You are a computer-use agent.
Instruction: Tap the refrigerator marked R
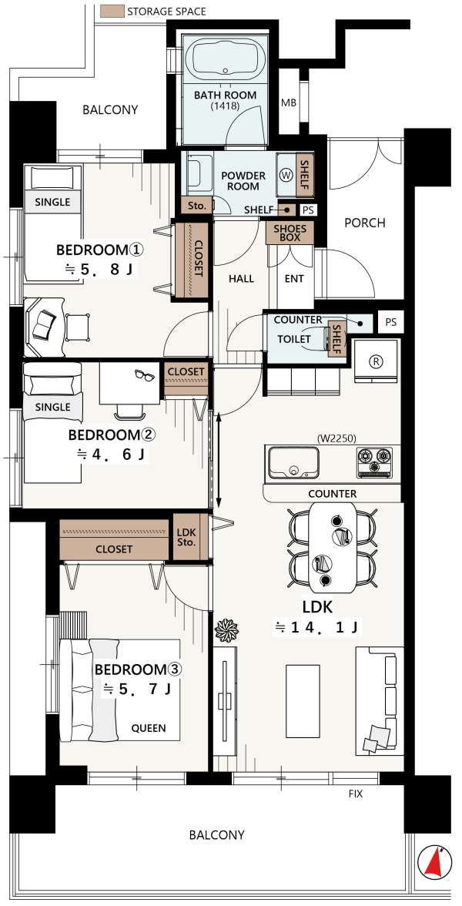[x=376, y=361]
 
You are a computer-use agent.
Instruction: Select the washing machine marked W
[x=285, y=174]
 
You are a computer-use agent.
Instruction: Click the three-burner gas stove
[x=375, y=461]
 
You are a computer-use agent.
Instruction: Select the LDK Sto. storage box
[x=186, y=537]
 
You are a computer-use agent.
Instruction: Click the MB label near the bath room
[x=289, y=103]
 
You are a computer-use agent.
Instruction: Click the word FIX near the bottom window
[x=356, y=794]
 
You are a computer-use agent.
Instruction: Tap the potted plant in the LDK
[x=226, y=630]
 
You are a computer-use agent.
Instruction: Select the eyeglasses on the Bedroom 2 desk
[x=144, y=375]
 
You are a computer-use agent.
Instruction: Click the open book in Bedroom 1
[x=45, y=327]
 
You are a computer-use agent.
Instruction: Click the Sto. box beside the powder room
[x=196, y=205]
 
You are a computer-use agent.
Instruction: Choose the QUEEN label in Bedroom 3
[x=149, y=728]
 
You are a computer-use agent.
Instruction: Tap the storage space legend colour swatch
[x=112, y=11]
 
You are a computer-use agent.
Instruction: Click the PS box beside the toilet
[x=391, y=322]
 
